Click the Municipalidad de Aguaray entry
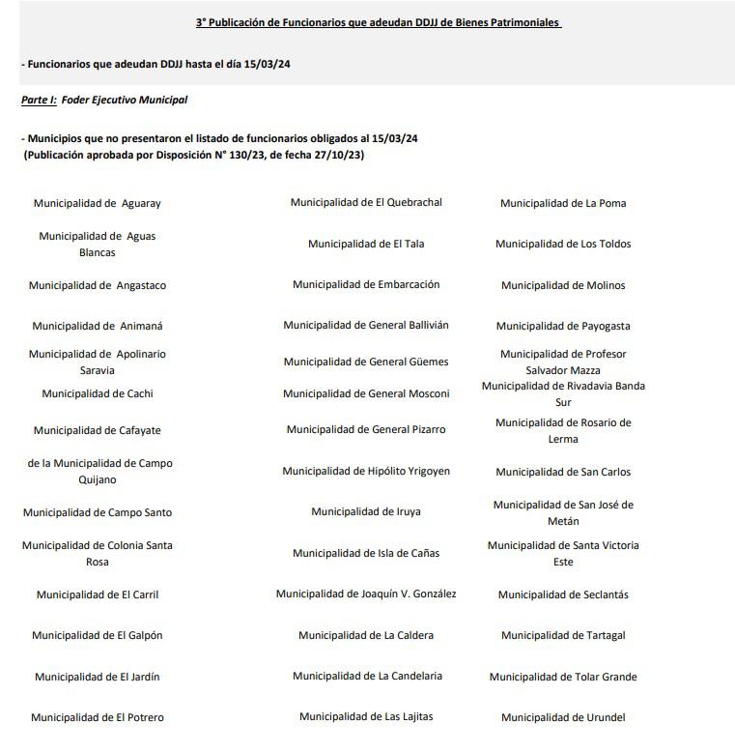click(97, 204)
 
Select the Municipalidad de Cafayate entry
click(97, 430)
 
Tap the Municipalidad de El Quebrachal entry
click(366, 203)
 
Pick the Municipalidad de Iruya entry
click(366, 512)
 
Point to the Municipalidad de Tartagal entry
click(563, 636)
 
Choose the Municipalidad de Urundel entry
click(563, 718)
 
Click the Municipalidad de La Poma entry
click(563, 204)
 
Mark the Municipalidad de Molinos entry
click(563, 286)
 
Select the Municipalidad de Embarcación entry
click(366, 285)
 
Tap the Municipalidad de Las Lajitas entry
click(366, 717)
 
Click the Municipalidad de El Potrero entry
click(97, 718)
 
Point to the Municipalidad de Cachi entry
click(97, 394)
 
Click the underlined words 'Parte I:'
click(39, 101)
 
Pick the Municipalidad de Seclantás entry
click(563, 595)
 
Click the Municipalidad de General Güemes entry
click(366, 362)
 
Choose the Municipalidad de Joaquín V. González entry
click(366, 594)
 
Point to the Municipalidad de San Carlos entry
click(563, 473)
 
